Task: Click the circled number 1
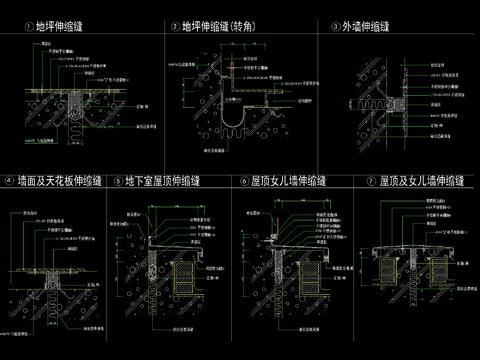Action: (x=27, y=29)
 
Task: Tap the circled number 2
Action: (x=175, y=29)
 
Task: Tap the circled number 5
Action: (x=117, y=182)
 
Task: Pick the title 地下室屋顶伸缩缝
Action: (x=162, y=182)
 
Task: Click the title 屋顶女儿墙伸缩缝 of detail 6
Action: (x=290, y=182)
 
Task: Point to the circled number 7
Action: (x=371, y=182)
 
